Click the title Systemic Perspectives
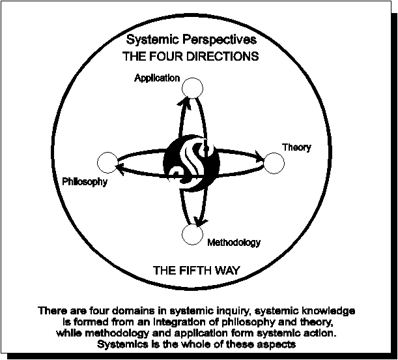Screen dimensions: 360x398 191,41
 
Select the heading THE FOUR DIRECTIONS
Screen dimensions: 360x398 190,56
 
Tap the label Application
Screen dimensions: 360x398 157,78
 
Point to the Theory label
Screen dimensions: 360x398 296,147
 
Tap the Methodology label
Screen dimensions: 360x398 234,243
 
